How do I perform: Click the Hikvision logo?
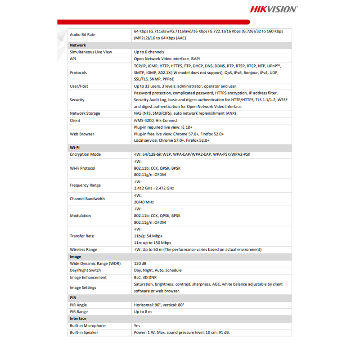click(273, 9)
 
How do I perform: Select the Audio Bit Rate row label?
click(82, 35)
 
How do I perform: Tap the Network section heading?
click(78, 45)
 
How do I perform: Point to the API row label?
click(73, 58)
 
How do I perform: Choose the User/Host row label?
click(79, 86)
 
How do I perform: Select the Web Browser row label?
click(82, 134)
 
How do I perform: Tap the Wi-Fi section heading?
click(75, 147)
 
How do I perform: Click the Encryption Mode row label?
click(85, 154)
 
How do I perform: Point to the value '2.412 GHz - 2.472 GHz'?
click(154, 188)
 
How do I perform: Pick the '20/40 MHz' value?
click(144, 202)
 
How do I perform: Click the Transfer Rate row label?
click(82, 236)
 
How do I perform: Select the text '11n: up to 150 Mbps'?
click(152, 243)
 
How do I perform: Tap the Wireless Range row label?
click(83, 249)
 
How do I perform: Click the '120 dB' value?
click(140, 263)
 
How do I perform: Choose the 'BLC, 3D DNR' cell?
click(146, 277)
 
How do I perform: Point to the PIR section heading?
click(73, 298)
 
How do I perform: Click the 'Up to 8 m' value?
click(143, 311)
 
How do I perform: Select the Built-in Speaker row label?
click(84, 333)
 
